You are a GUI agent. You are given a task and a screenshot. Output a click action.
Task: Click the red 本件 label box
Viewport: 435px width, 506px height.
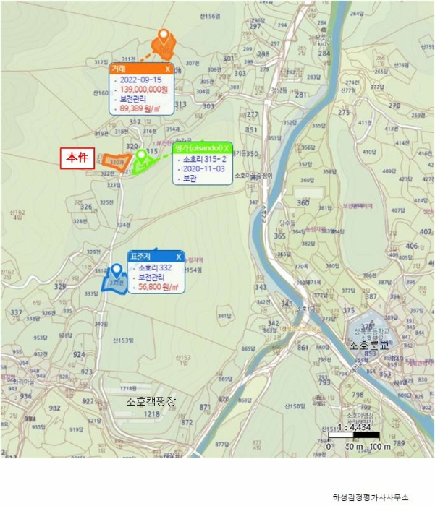pyautogui.click(x=77, y=159)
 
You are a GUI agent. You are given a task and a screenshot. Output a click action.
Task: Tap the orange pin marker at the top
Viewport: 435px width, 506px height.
pyautogui.click(x=164, y=35)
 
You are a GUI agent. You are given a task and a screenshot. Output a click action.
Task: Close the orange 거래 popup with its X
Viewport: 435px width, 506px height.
pyautogui.click(x=167, y=69)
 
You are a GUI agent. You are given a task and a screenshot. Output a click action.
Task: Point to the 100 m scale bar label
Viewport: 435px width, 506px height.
pyautogui.click(x=380, y=445)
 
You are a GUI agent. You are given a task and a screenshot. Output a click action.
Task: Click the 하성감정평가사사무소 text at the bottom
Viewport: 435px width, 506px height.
pyautogui.click(x=371, y=497)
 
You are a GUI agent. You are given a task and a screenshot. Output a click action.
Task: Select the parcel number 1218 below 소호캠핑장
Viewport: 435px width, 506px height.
pyautogui.click(x=152, y=414)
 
